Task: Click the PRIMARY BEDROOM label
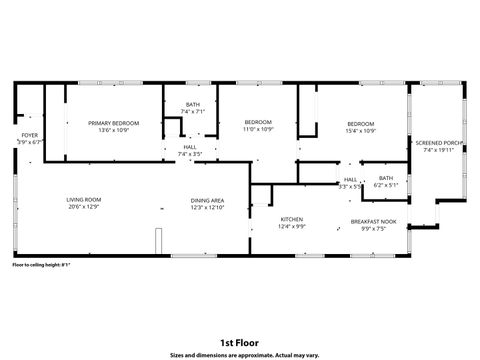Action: pyautogui.click(x=113, y=123)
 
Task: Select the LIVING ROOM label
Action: pyautogui.click(x=84, y=199)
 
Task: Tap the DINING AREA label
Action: pyautogui.click(x=207, y=200)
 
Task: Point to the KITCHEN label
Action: pyautogui.click(x=291, y=219)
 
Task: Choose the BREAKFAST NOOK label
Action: pyautogui.click(x=374, y=221)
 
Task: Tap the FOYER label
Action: pyautogui.click(x=30, y=135)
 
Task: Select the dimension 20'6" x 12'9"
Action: pyautogui.click(x=84, y=207)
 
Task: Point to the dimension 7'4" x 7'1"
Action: pyautogui.click(x=192, y=112)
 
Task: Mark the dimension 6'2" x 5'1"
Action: pyautogui.click(x=385, y=185)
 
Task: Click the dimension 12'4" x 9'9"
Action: pyautogui.click(x=291, y=227)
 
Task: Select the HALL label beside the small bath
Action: pyautogui.click(x=350, y=179)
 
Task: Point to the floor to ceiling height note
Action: pyautogui.click(x=41, y=265)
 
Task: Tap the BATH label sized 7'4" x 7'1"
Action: pyautogui.click(x=192, y=105)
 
